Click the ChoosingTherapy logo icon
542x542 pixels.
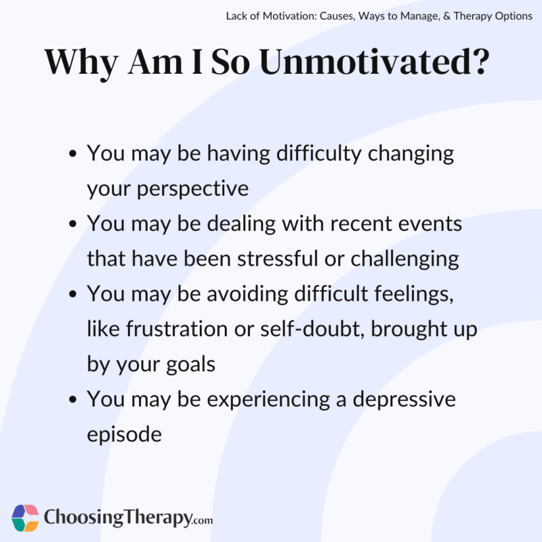coord(26,518)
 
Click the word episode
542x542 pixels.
coord(124,435)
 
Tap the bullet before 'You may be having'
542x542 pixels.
coord(72,154)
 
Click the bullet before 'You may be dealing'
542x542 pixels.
coord(72,224)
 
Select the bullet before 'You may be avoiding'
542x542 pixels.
coord(72,295)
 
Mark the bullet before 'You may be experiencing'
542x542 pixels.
coord(72,400)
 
